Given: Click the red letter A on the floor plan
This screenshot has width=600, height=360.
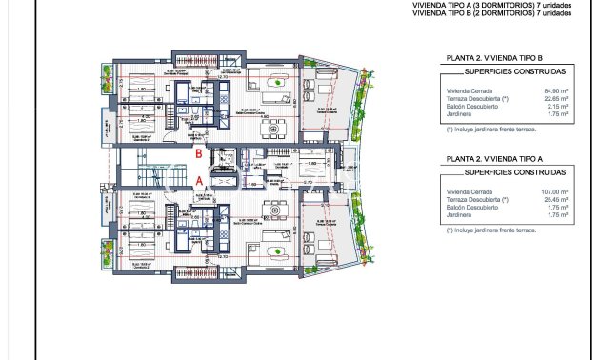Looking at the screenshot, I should (x=198, y=178).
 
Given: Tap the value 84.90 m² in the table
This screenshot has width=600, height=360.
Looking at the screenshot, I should (x=554, y=90).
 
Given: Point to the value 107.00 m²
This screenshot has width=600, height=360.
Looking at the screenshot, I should (x=553, y=192).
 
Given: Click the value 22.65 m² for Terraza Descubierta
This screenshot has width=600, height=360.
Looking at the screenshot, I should (x=554, y=98).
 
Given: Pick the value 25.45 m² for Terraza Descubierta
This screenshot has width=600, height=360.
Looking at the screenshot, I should (x=554, y=200).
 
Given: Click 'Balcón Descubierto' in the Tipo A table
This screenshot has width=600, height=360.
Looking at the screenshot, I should (x=476, y=208).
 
